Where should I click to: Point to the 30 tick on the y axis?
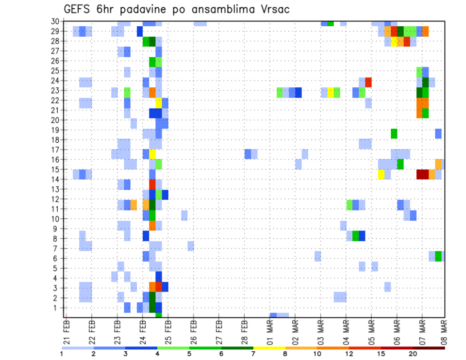[x=56, y=21]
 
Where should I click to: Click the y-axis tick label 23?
[x=56, y=90]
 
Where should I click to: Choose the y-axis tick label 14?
[x=56, y=179]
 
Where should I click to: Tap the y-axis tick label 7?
[x=58, y=248]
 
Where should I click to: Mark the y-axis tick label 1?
[x=58, y=307]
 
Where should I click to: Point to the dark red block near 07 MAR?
[x=422, y=174]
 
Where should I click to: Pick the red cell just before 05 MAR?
[x=368, y=82]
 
